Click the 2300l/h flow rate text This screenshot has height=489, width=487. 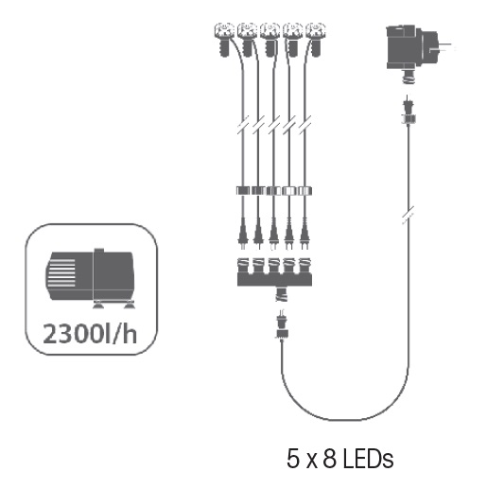click(90, 334)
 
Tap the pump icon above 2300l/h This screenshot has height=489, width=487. click(91, 278)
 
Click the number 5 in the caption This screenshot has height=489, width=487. click(293, 459)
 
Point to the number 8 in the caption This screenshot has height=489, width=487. click(330, 459)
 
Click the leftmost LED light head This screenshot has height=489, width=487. click(224, 39)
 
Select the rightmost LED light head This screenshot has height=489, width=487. click(315, 39)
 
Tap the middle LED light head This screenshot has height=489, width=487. click(270, 39)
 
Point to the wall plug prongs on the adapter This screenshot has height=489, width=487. click(446, 46)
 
